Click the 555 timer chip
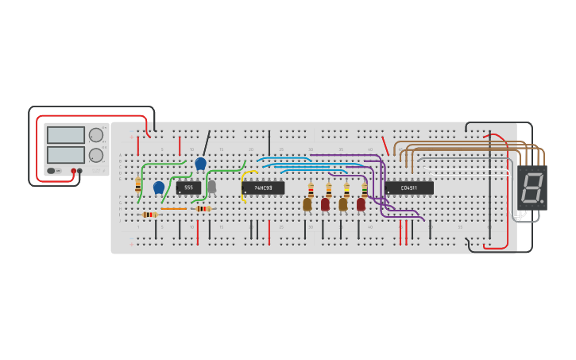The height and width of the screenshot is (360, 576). pyautogui.click(x=188, y=188)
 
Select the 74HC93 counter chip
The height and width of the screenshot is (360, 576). pyautogui.click(x=263, y=188)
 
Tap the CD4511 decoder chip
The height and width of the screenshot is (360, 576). pyautogui.click(x=409, y=188)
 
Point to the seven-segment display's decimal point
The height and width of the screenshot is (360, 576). pyautogui.click(x=542, y=201)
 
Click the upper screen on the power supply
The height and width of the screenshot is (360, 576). pyautogui.click(x=65, y=135)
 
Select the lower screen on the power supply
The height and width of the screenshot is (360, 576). pyautogui.click(x=65, y=154)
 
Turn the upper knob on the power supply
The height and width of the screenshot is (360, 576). pyautogui.click(x=96, y=135)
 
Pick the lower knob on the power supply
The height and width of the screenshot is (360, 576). pyautogui.click(x=96, y=155)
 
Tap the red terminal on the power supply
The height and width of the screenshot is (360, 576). pyautogui.click(x=73, y=171)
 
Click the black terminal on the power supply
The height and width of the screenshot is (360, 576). pyautogui.click(x=80, y=171)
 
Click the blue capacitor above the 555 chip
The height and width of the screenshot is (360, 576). pyautogui.click(x=200, y=163)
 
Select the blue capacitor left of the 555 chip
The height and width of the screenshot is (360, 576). pyautogui.click(x=159, y=188)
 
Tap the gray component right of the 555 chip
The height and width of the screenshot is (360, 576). pyautogui.click(x=211, y=187)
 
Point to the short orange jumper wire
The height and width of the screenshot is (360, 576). pyautogui.click(x=173, y=208)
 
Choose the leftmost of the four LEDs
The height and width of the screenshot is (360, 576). pyautogui.click(x=307, y=204)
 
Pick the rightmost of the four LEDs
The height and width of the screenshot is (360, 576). pyautogui.click(x=361, y=204)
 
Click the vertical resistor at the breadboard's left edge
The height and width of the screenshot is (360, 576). pyautogui.click(x=138, y=185)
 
